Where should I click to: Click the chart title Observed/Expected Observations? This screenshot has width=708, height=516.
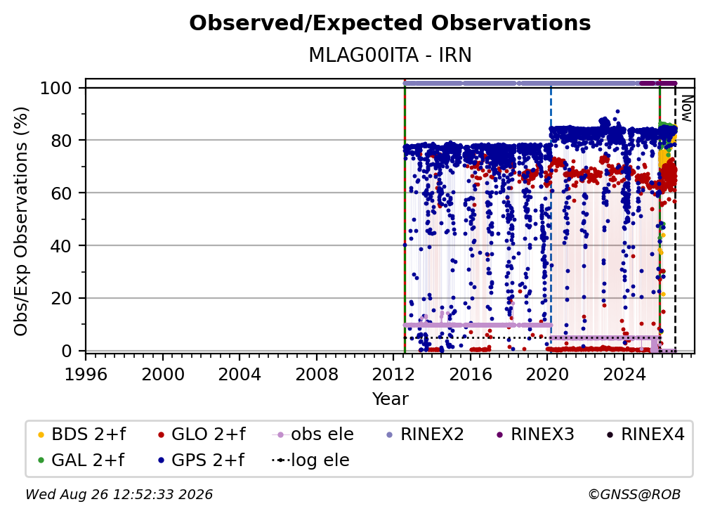coord(390,23)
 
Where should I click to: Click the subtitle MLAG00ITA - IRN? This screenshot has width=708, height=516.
coord(390,56)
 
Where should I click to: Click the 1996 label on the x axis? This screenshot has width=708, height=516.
coord(86,375)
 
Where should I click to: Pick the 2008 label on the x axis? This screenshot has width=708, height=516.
coord(317,375)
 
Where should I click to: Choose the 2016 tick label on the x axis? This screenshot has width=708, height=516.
coord(470,375)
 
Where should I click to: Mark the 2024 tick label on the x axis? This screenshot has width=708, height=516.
coord(624,375)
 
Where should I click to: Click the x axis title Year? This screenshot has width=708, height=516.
coord(390,399)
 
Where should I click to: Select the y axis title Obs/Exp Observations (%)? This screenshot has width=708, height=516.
coord(21,221)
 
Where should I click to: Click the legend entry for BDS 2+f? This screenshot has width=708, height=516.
coord(82,434)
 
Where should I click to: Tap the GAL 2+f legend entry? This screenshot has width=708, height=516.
coord(81,460)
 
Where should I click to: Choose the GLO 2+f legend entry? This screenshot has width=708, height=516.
coord(202,434)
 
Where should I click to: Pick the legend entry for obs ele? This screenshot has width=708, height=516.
coord(313,434)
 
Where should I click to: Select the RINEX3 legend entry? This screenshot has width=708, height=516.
coord(535,434)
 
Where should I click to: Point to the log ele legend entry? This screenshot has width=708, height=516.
coord(310,460)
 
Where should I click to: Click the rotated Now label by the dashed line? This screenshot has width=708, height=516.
coord(686,108)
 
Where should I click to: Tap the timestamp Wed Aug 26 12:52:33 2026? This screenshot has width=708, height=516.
coord(119,494)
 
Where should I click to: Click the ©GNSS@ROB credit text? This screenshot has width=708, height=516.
coord(634,494)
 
